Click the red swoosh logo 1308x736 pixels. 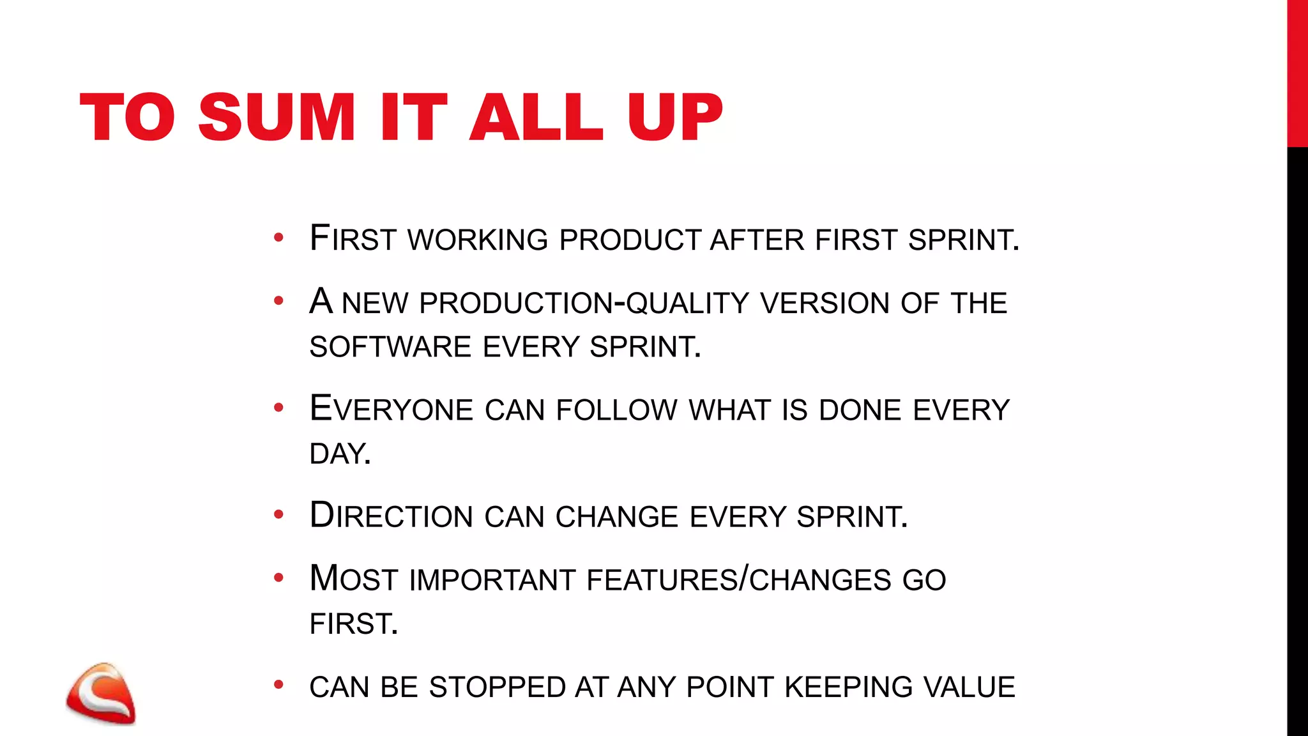pyautogui.click(x=101, y=694)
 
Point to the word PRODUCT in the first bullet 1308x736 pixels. pyautogui.click(x=630, y=240)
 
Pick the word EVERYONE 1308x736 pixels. pyautogui.click(x=391, y=410)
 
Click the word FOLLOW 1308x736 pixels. pyautogui.click(x=616, y=410)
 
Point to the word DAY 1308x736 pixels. pyautogui.click(x=339, y=454)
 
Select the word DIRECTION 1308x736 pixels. pyautogui.click(x=391, y=516)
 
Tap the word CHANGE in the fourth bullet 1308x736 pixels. pyautogui.click(x=616, y=516)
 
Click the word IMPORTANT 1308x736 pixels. pyautogui.click(x=492, y=580)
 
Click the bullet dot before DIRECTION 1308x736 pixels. pyautogui.click(x=278, y=514)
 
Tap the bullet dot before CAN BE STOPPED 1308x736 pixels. pyautogui.click(x=278, y=685)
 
